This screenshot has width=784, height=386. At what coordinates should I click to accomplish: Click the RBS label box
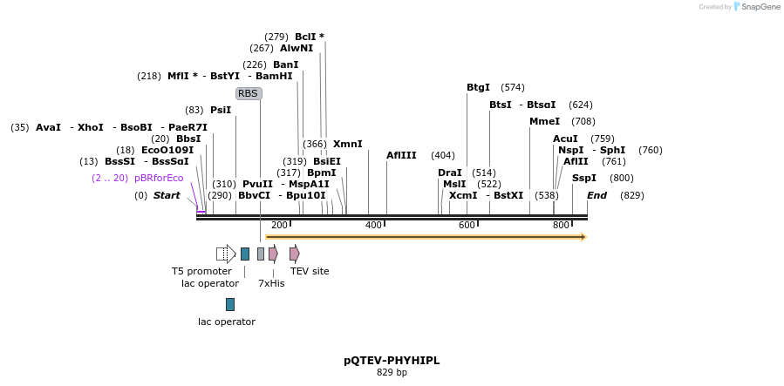click(x=249, y=93)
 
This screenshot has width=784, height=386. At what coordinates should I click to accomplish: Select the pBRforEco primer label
click(x=159, y=178)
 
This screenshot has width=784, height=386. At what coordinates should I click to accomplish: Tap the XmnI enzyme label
click(x=347, y=144)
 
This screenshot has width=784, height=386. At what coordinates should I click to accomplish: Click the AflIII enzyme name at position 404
click(x=401, y=155)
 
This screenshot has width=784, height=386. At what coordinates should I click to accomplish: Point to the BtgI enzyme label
click(x=478, y=87)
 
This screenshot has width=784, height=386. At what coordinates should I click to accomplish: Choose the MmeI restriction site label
click(x=544, y=121)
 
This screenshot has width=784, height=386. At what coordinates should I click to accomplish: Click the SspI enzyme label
click(x=583, y=178)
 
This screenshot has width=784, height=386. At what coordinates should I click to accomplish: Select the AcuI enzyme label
click(x=565, y=139)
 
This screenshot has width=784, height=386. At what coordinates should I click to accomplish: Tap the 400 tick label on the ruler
click(x=373, y=225)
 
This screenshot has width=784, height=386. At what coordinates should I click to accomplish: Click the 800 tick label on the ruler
click(x=561, y=225)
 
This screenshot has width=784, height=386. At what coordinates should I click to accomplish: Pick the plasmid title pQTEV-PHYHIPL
click(x=392, y=360)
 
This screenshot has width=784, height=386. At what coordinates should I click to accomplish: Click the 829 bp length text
click(x=392, y=373)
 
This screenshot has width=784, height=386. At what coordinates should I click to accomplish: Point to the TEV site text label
click(x=310, y=271)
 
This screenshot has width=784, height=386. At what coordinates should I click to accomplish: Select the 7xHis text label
click(x=271, y=283)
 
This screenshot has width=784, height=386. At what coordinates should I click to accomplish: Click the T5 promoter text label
click(x=201, y=271)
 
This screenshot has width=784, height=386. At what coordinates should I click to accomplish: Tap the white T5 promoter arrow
click(x=226, y=254)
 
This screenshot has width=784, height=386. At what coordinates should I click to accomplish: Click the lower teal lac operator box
click(x=230, y=304)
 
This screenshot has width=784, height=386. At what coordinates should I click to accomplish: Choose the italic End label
click(x=597, y=195)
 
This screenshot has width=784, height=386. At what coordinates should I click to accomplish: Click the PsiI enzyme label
click(x=221, y=110)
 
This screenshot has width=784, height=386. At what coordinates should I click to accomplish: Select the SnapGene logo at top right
click(x=756, y=7)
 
